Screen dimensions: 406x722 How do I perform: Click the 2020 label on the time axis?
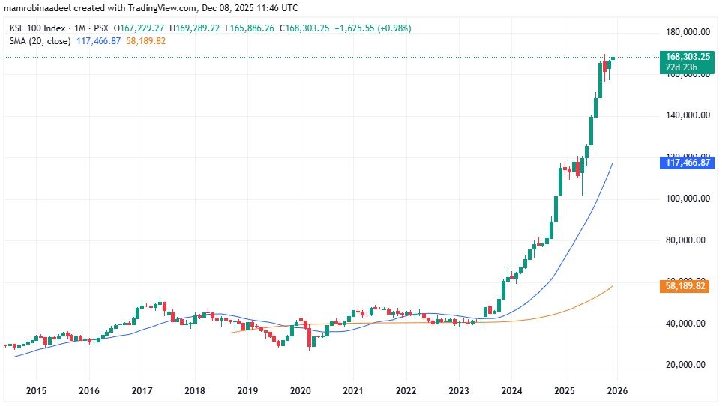click(300, 391)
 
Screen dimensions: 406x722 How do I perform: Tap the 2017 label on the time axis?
click(142, 391)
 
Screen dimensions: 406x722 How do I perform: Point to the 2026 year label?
click(617, 391)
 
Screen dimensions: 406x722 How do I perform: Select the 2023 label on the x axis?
click(459, 391)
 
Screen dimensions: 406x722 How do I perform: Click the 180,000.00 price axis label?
click(688, 32)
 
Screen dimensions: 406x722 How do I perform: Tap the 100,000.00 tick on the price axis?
click(688, 199)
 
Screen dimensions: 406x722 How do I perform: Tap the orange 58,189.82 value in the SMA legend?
click(147, 40)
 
